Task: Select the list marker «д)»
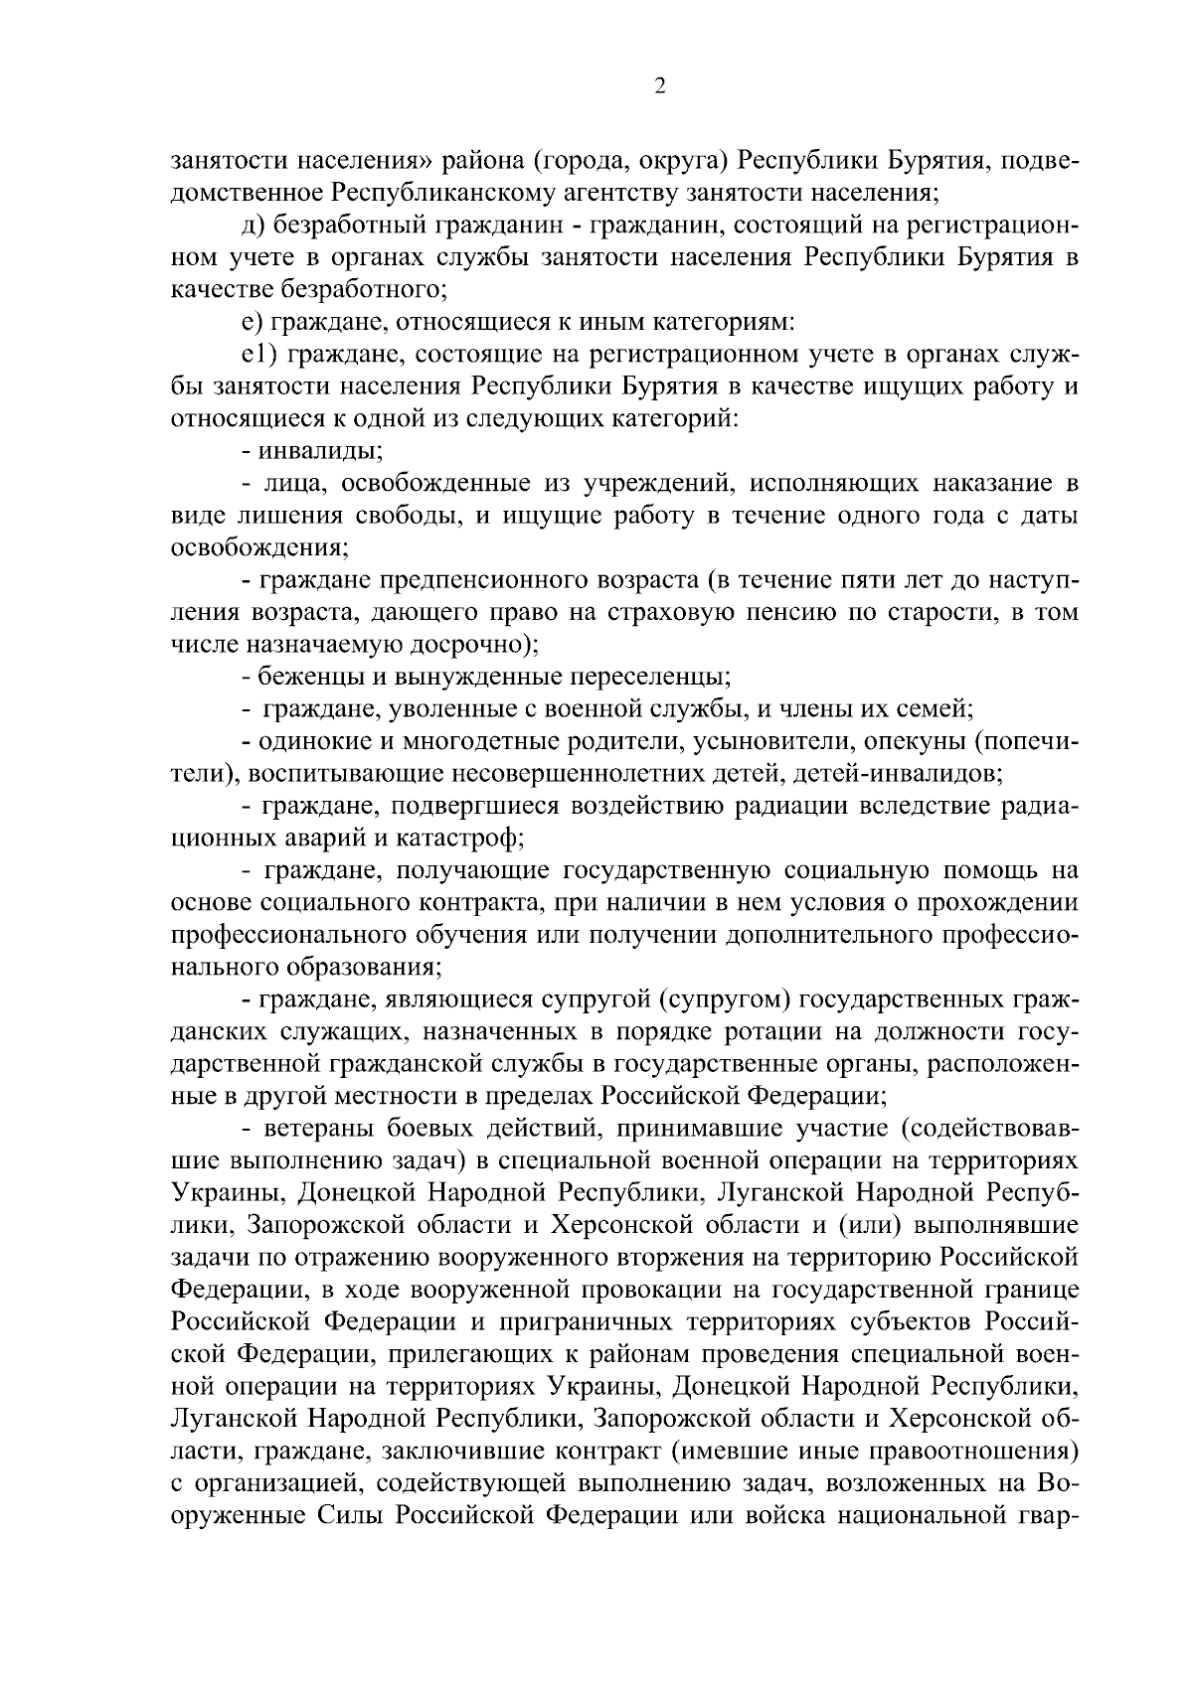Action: (x=253, y=226)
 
